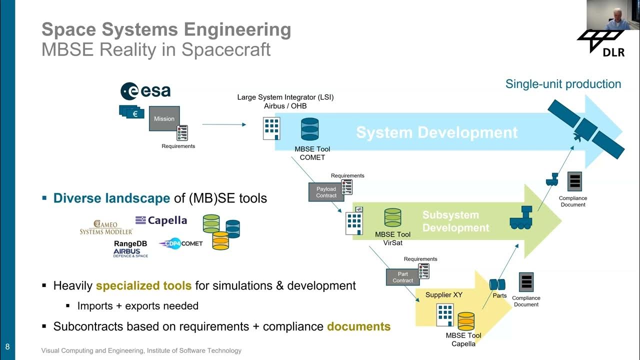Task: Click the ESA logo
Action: tap(145, 91)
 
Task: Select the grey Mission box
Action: tap(164, 118)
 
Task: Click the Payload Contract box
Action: tap(326, 192)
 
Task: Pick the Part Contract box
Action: tap(402, 277)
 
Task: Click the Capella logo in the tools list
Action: tap(161, 220)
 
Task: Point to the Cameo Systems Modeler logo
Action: tap(106, 227)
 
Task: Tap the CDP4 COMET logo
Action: tap(181, 243)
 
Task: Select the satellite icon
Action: tap(585, 128)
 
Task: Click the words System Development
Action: tap(436, 132)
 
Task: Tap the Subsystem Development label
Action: tap(455, 221)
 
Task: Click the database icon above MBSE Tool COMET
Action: tap(309, 129)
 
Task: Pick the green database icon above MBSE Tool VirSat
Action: tap(392, 217)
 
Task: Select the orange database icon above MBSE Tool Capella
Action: tap(466, 321)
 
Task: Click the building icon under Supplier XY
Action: tap(444, 314)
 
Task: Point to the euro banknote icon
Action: tap(132, 113)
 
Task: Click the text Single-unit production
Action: tap(563, 84)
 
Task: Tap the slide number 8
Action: tap(7, 346)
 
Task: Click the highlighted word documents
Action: tap(358, 326)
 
